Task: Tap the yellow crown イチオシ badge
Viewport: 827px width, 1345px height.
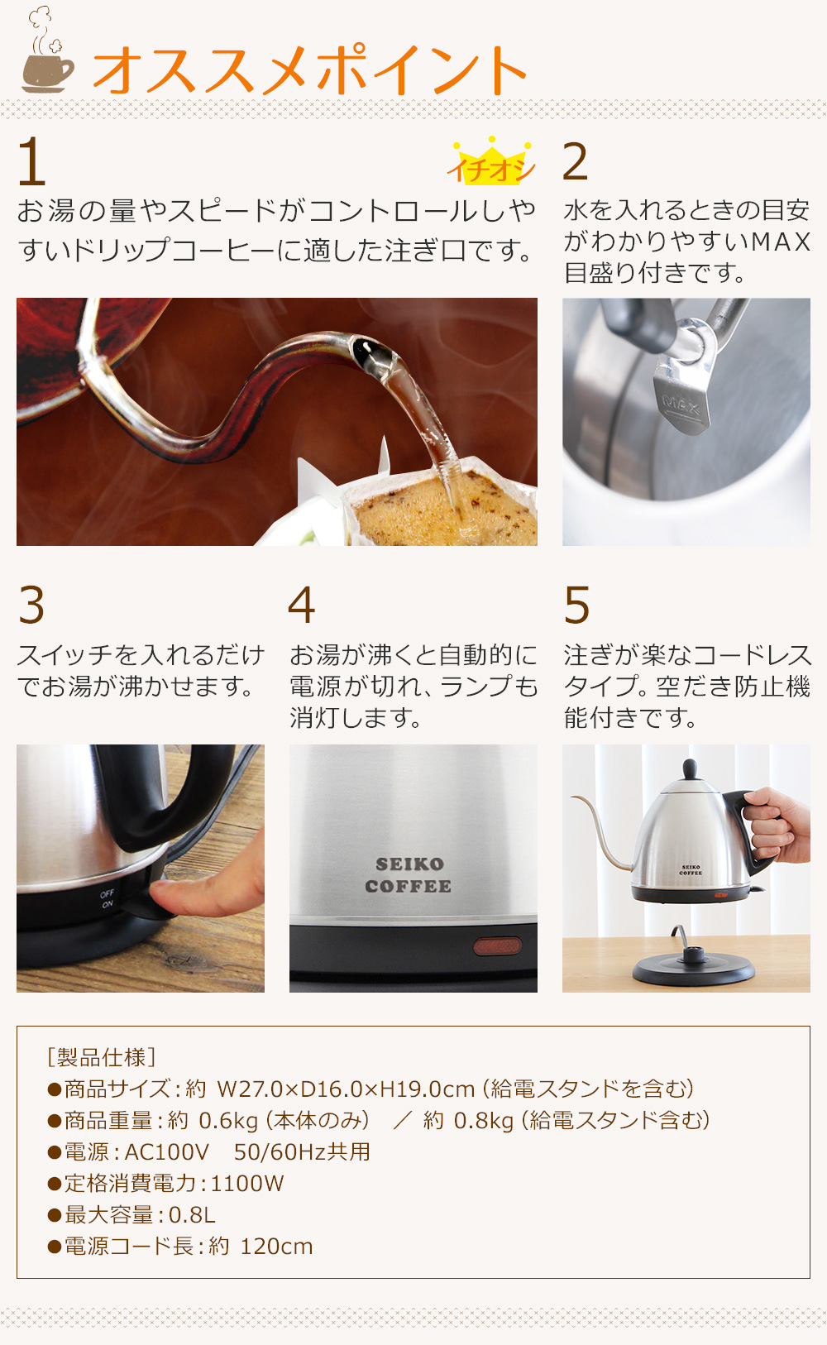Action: click(491, 163)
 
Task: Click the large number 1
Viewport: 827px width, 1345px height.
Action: click(31, 162)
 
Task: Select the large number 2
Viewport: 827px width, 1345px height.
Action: click(575, 161)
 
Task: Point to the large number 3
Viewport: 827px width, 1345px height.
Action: click(31, 605)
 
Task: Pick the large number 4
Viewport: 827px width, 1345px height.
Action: click(302, 605)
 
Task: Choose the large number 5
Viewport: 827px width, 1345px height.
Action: click(576, 605)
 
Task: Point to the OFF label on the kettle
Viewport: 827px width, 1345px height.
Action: click(108, 893)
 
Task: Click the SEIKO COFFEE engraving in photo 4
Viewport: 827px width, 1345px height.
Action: click(409, 875)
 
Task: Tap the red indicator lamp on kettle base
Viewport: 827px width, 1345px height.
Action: click(497, 945)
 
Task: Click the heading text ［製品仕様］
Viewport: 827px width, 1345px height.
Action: click(102, 1057)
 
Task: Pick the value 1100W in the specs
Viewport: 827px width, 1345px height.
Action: click(247, 1184)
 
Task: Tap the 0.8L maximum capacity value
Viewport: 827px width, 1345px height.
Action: click(192, 1215)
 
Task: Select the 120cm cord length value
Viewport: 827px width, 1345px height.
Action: click(276, 1247)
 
